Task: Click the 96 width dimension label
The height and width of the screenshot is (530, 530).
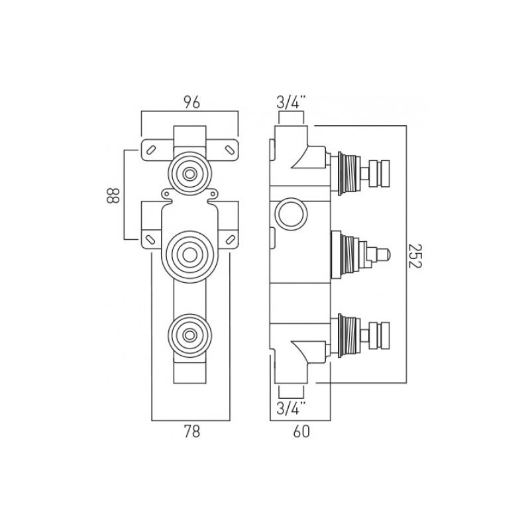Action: tap(191, 103)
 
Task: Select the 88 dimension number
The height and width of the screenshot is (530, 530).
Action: tap(113, 195)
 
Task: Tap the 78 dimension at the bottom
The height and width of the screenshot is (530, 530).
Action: tap(191, 432)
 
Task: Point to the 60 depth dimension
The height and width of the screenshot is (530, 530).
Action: tap(301, 432)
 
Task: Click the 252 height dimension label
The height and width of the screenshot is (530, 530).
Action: tap(415, 256)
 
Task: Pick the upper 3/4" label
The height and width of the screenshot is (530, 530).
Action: tap(291, 103)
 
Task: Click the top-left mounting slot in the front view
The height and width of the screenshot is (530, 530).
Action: tap(152, 150)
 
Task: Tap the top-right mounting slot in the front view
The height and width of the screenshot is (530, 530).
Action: tap(229, 150)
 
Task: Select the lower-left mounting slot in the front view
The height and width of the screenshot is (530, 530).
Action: tap(150, 239)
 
